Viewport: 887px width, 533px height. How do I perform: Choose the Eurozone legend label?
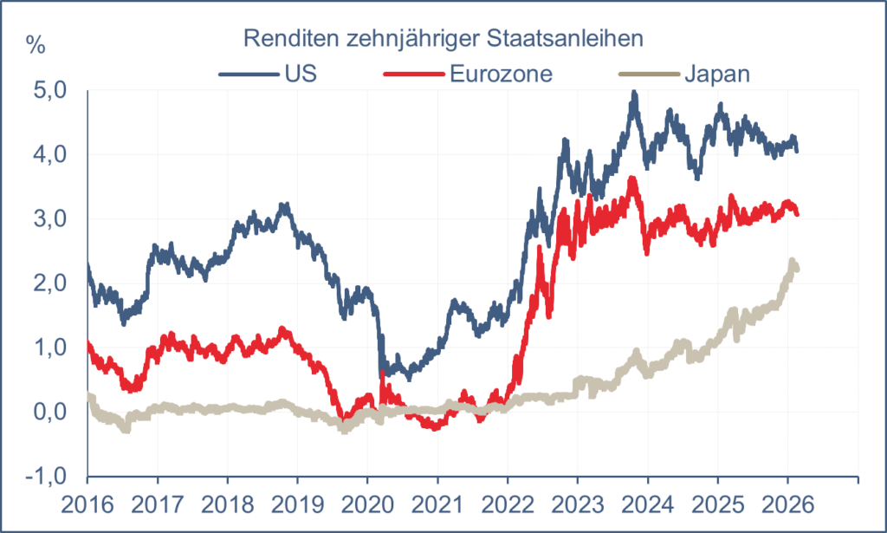click(501, 73)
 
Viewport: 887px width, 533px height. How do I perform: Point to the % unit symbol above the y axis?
click(36, 46)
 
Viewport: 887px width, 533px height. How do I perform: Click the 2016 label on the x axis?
click(87, 504)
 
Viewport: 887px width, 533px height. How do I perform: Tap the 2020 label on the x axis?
click(367, 504)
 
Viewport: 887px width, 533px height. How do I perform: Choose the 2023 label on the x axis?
click(578, 504)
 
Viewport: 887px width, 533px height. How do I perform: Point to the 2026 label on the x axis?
click(787, 504)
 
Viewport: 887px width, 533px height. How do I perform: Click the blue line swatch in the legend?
click(248, 74)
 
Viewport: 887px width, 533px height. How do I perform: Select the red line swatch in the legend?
click(414, 74)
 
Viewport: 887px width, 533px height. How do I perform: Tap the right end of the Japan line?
click(796, 269)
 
